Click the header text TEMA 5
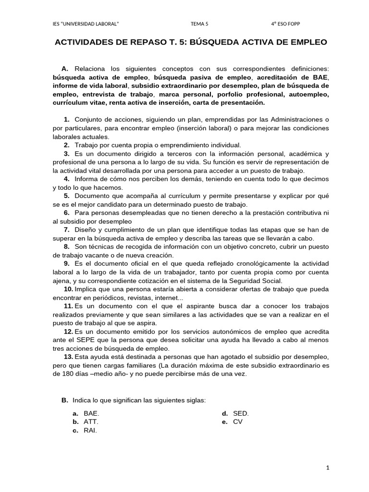199,24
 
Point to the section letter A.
65,68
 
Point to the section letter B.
64,400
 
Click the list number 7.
67,230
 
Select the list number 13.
68,357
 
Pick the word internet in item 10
163,298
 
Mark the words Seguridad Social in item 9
258,281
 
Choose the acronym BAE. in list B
92,413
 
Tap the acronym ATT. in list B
91,422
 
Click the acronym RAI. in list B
90,430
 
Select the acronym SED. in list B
241,413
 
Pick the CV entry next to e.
238,422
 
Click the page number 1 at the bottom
327,467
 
